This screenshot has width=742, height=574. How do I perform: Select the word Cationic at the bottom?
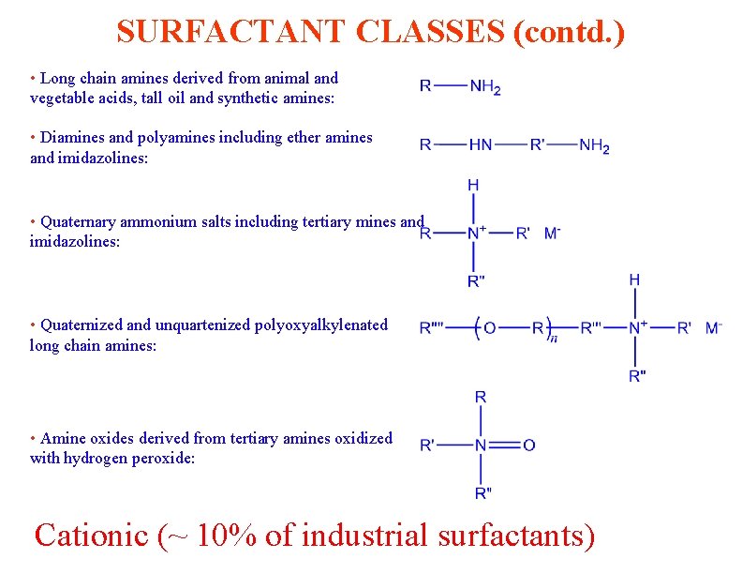(x=91, y=535)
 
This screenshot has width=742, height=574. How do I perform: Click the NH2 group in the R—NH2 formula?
(x=485, y=86)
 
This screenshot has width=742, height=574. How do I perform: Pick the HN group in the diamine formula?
(x=481, y=145)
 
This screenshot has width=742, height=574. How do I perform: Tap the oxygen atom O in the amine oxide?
(x=529, y=445)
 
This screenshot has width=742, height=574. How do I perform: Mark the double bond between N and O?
(x=505, y=445)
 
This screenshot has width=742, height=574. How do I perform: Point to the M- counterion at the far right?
(x=713, y=327)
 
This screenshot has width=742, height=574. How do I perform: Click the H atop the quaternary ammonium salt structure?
(x=473, y=186)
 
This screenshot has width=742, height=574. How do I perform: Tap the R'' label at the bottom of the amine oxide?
(x=482, y=492)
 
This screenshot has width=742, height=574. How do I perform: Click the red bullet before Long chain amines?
(x=33, y=78)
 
